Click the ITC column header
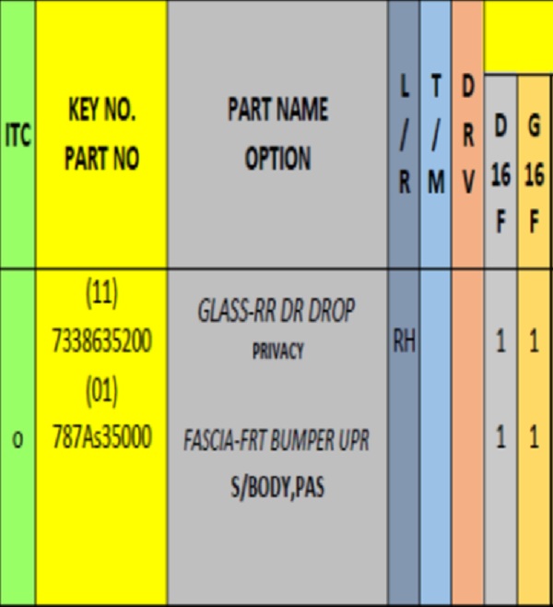18,136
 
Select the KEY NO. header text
101,112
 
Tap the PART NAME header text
277,110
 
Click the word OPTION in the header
277,159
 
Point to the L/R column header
404,135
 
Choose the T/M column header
435,135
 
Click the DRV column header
468,135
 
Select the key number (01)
101,391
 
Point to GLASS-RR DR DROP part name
276,312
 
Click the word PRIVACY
277,351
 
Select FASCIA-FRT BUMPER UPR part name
276,441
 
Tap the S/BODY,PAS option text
277,486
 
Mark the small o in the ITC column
18,440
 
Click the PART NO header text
101,159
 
